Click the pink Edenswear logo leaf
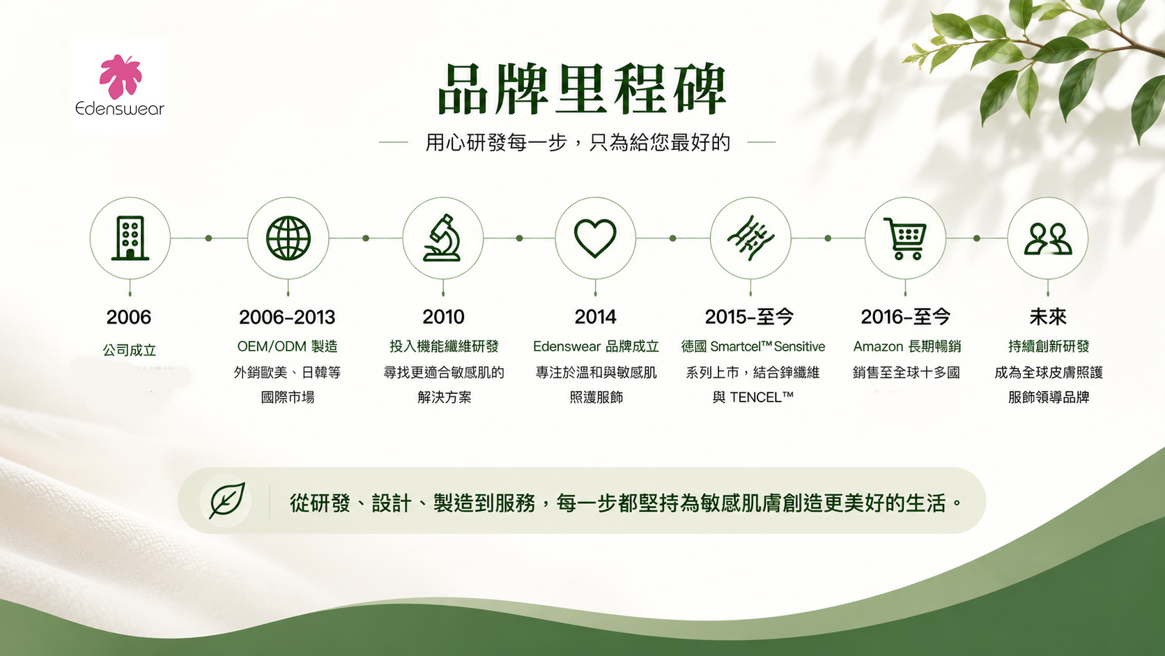(120, 77)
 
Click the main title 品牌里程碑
(582, 89)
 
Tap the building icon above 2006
(130, 238)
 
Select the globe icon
(288, 238)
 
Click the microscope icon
(442, 238)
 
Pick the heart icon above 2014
(596, 238)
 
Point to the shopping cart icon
(905, 239)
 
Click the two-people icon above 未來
(1048, 239)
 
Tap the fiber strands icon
(750, 238)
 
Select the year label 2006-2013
(287, 316)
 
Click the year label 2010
(443, 316)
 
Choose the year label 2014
(596, 316)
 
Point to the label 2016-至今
(906, 316)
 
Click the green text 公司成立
(130, 350)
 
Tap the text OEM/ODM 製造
(287, 346)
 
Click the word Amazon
(878, 346)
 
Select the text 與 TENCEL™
(753, 397)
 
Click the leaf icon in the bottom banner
(226, 501)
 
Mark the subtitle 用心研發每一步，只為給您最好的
(578, 142)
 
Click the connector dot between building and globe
(208, 238)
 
